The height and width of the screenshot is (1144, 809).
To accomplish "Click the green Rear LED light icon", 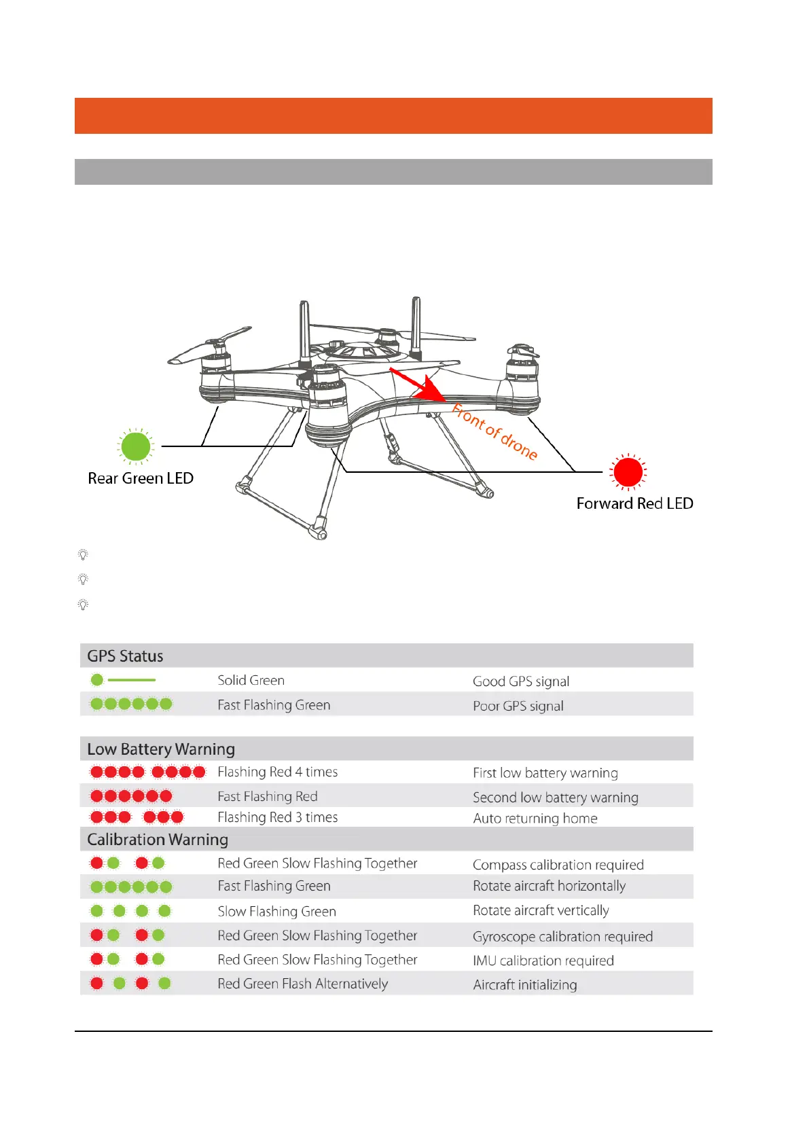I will [x=136, y=446].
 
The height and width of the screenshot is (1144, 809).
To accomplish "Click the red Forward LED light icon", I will [x=628, y=471].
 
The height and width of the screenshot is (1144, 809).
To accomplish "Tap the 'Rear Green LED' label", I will [x=141, y=478].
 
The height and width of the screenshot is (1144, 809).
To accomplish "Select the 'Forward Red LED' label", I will [x=634, y=503].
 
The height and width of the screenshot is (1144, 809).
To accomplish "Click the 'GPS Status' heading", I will [x=125, y=656].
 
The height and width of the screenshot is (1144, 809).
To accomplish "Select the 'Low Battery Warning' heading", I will [x=161, y=749].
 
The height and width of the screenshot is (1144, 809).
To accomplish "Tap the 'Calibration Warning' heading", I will [x=158, y=840].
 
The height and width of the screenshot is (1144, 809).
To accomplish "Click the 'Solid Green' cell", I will [x=251, y=680].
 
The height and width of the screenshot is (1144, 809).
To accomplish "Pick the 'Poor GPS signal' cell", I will [x=518, y=706].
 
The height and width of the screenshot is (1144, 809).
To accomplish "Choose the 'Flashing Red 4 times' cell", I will [x=277, y=772].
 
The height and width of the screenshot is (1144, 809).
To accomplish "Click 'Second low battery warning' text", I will [x=556, y=798].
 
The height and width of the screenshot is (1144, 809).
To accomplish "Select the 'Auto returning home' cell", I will [x=535, y=819].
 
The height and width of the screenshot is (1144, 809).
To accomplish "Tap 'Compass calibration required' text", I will [x=558, y=865].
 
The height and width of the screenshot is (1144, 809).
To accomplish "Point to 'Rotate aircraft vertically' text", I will [x=541, y=910].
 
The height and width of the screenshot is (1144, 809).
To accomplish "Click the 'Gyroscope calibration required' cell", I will [x=562, y=937].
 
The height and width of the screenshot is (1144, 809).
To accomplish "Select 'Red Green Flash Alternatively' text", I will [x=302, y=984].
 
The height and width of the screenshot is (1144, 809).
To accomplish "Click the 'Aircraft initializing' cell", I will [x=525, y=985].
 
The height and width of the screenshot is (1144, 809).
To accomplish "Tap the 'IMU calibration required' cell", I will [x=543, y=961].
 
